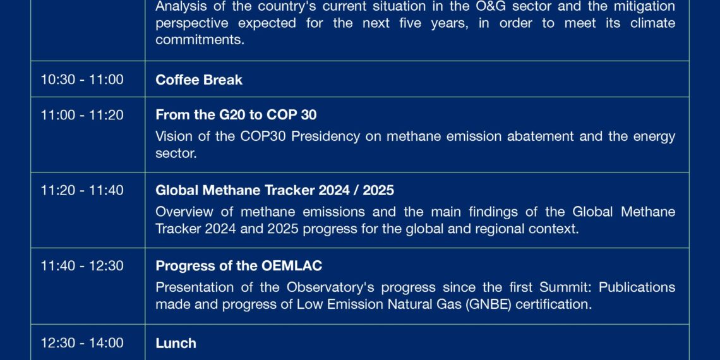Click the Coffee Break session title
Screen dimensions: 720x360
pos(199,80)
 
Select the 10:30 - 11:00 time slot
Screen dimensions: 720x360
pos(82,80)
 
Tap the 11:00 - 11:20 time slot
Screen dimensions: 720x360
pos(82,115)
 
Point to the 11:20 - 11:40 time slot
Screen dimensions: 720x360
pos(82,190)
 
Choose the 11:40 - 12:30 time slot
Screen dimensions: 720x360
pos(82,266)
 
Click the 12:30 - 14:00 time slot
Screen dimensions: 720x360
pos(82,342)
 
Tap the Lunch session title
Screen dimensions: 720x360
pos(176,343)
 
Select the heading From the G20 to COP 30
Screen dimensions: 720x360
pos(236,115)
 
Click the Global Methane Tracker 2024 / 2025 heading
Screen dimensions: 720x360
pos(275,190)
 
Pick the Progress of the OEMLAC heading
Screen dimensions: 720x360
pos(239,266)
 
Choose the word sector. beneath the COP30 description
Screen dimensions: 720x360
pos(176,153)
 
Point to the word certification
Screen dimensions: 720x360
pos(554,304)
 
